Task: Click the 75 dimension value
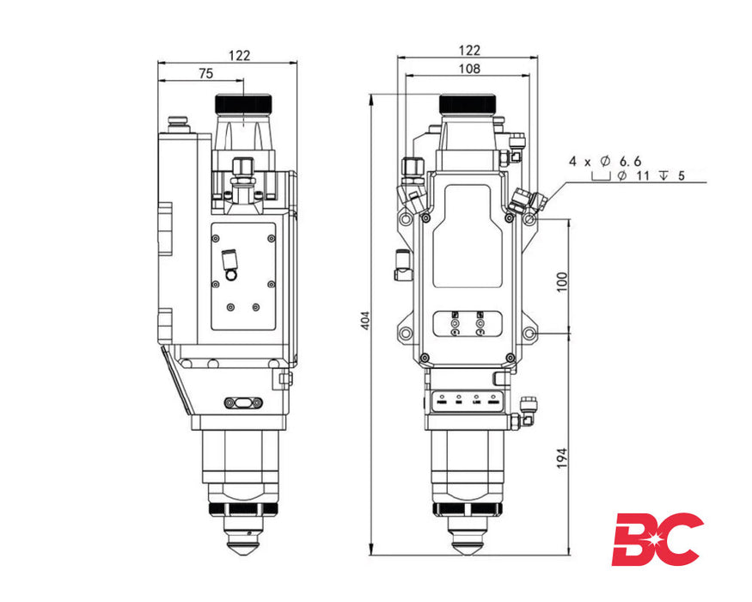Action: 205,74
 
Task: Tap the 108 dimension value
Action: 469,69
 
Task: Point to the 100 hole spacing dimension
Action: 563,280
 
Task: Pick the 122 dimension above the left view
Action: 240,55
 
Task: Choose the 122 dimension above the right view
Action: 469,51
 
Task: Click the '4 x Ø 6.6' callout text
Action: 605,161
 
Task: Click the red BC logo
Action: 657,540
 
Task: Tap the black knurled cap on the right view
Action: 467,104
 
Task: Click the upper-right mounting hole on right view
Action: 530,220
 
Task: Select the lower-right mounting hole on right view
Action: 530,333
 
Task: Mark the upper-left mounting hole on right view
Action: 405,220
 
